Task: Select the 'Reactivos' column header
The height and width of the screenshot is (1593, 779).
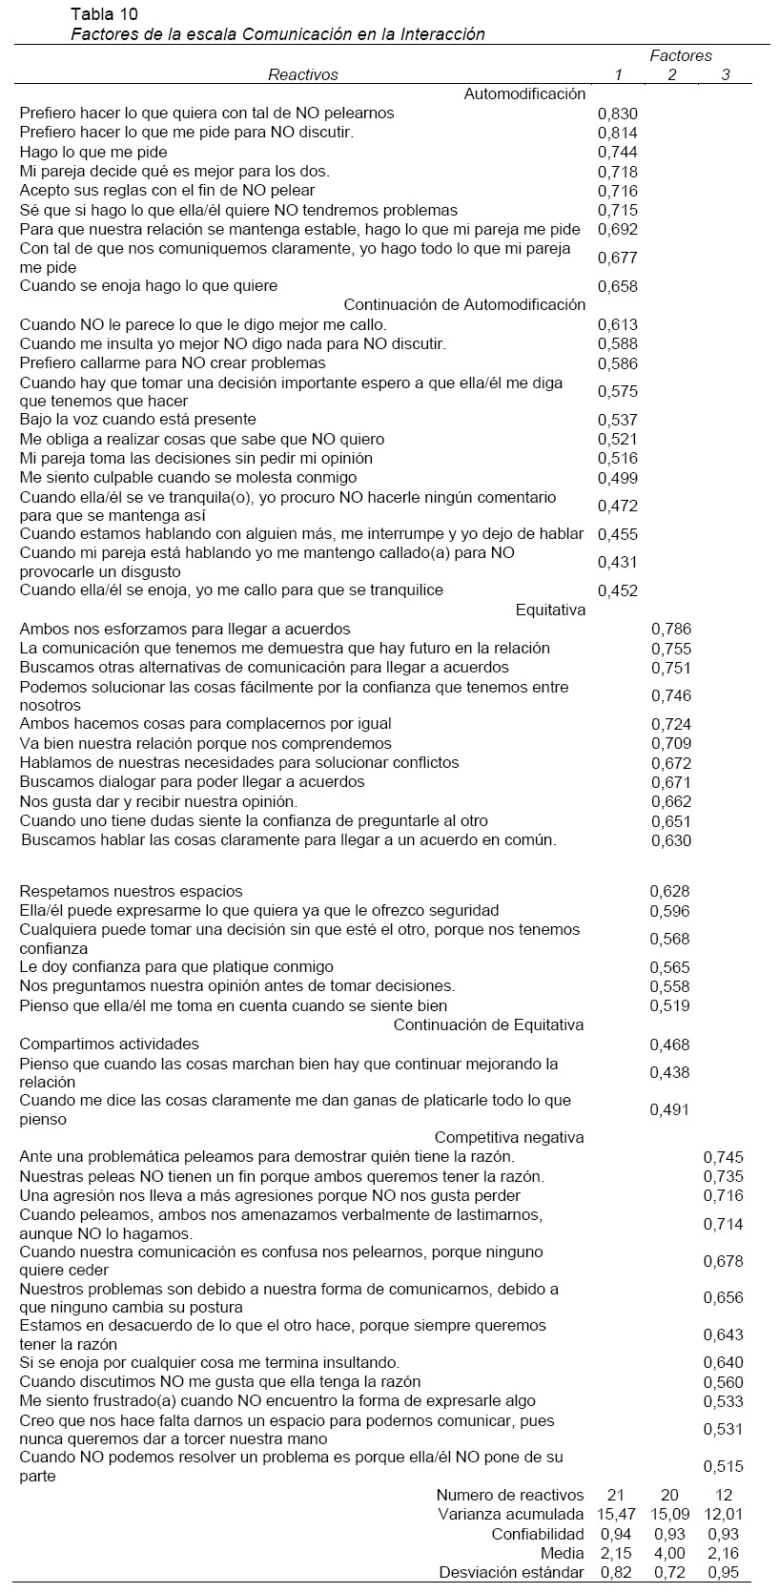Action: pos(302,74)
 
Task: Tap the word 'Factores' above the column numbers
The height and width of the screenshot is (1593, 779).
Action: pos(681,55)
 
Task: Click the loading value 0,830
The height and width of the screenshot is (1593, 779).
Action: pos(617,114)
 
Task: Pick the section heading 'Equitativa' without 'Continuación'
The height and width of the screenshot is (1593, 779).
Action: pos(550,610)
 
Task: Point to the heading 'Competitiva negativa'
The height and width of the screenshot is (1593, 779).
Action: pos(509,1137)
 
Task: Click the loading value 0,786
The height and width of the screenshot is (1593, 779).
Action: pos(670,630)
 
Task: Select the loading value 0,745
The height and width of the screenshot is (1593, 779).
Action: pos(723,1157)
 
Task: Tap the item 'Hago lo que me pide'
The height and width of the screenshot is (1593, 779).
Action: pos(93,152)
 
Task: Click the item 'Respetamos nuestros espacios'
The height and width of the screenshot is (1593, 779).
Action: pos(131,891)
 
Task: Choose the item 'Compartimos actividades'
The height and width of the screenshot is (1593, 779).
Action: pos(110,1044)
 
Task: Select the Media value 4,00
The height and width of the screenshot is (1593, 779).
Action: pos(670,1553)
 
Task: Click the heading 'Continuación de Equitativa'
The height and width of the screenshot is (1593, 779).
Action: pos(488,1024)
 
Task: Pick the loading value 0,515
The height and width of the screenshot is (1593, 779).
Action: pos(723,1467)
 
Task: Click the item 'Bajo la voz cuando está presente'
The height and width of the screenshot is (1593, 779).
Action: pos(137,419)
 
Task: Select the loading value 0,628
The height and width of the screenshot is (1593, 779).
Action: pos(670,891)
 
